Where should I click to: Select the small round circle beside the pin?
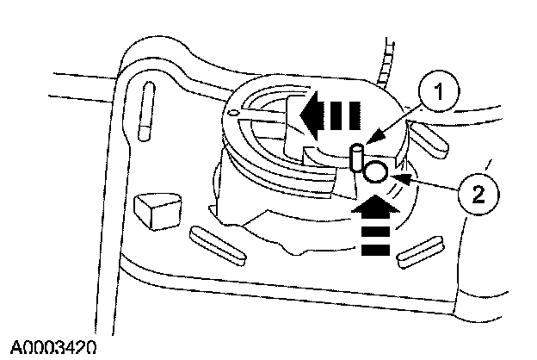pos(374,172)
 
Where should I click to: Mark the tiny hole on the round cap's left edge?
pos(235,112)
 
